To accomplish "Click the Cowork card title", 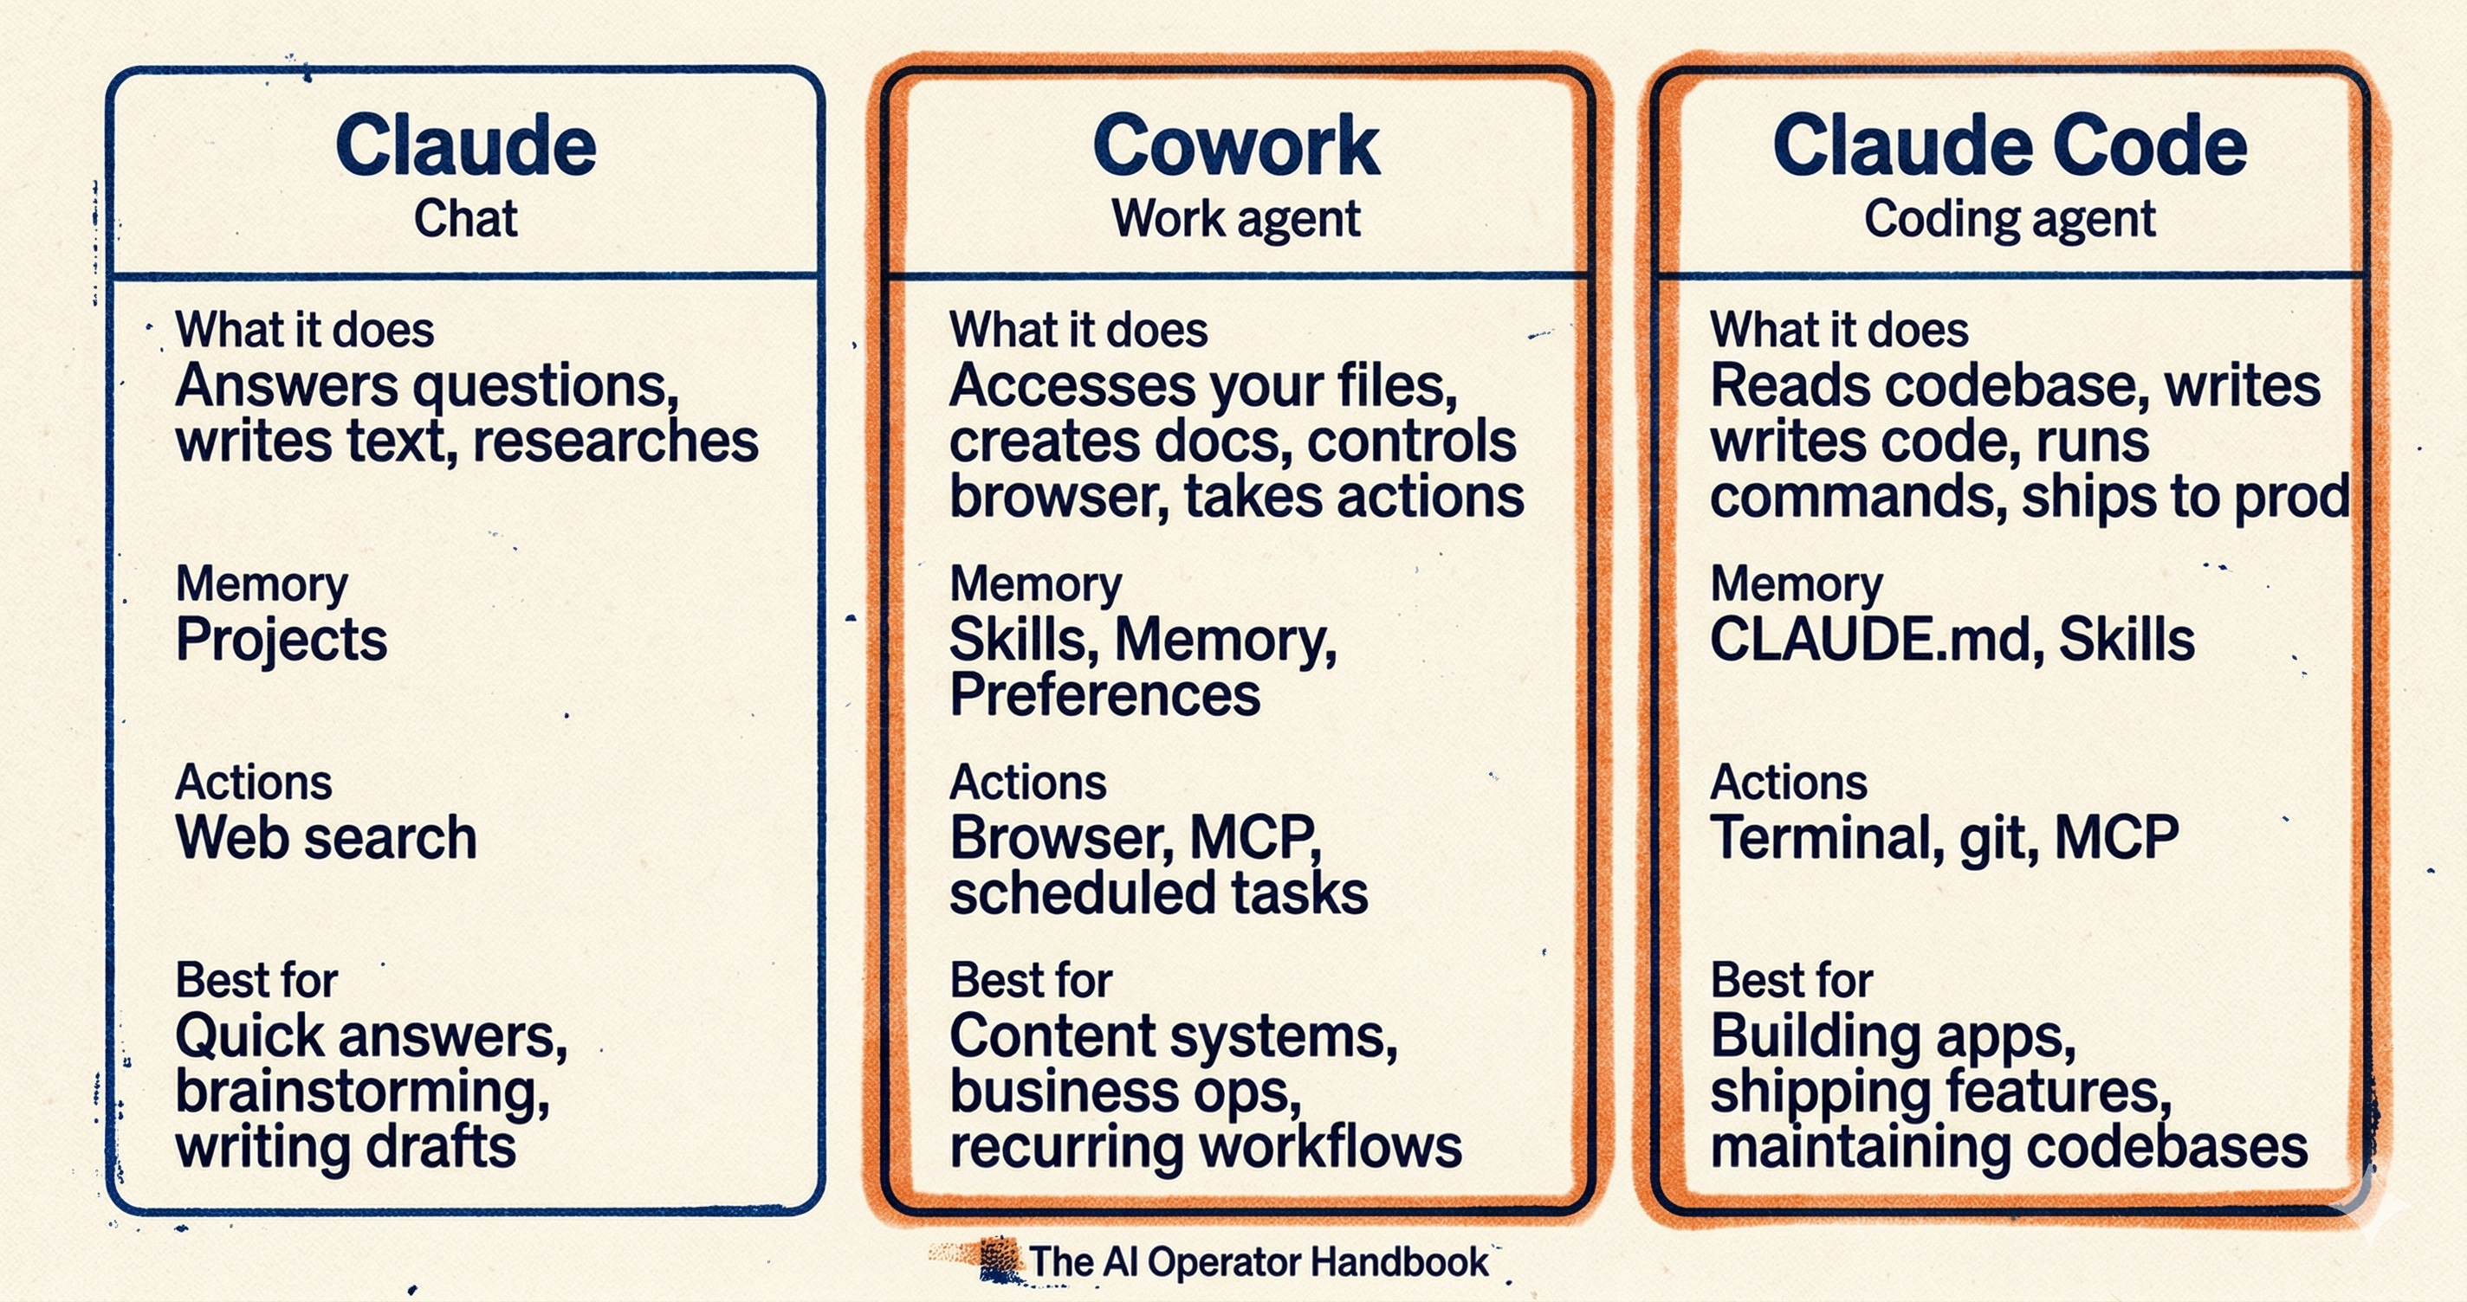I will tap(1235, 145).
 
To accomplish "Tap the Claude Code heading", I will tap(2010, 145).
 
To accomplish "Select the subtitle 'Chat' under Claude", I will tap(465, 218).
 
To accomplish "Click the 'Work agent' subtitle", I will tap(1235, 218).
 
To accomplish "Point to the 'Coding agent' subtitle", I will tap(2010, 218).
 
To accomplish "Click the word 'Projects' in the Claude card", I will tap(282, 640).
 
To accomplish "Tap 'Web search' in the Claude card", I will tap(326, 838).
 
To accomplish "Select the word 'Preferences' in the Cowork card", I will tap(1105, 694).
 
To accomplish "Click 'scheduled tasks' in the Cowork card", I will tap(1159, 893).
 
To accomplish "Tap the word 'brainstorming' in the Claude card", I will tap(362, 1093).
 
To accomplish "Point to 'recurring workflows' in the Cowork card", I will tap(1206, 1147).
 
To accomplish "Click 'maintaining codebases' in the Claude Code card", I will tap(2008, 1147).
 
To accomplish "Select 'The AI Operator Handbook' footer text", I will tap(1259, 1262).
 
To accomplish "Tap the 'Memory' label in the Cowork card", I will tap(1035, 584).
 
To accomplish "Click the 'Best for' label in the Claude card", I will tap(256, 980).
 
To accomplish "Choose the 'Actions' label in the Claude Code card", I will tap(1788, 783).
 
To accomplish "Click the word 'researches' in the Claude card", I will tap(615, 442).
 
